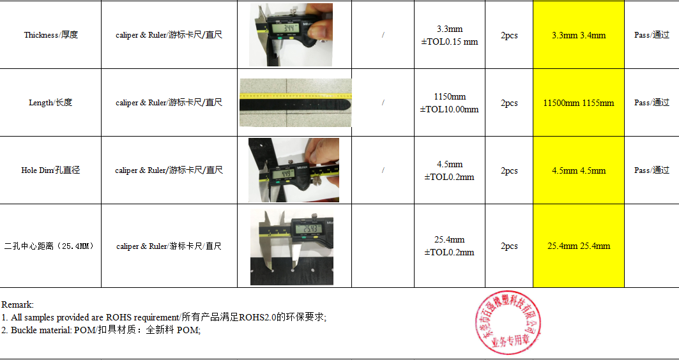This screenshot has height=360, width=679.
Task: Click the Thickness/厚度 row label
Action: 51,35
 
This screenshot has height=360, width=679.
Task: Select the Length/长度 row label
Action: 50,103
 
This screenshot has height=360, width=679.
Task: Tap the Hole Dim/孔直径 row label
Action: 50,170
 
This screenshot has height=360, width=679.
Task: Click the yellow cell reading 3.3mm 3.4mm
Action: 579,35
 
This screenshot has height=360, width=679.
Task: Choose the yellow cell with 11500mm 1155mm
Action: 579,103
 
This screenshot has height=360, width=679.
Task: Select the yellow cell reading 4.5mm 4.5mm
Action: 579,170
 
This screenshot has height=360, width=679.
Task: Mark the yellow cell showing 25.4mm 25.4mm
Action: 579,246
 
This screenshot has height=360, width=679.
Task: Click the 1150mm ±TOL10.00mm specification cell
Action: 449,103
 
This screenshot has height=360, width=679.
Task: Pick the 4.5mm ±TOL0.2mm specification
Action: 449,170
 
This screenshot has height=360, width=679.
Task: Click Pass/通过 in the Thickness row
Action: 652,35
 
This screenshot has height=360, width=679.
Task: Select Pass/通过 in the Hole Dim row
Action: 652,170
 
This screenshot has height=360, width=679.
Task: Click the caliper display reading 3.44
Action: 282,29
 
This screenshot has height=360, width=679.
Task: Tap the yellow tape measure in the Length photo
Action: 295,96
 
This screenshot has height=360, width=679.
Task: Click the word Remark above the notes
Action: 17,305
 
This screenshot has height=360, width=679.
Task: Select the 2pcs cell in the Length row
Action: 509,103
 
